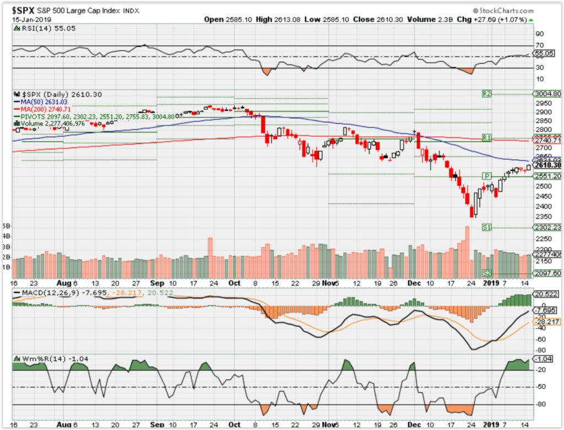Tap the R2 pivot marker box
(x=486, y=94)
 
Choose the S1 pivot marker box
(x=487, y=227)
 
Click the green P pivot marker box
(x=486, y=176)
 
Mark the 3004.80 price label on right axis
(x=547, y=94)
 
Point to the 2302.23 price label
(x=547, y=227)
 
